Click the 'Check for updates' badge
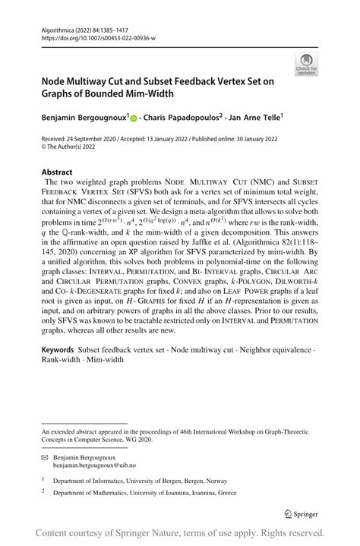[306, 64]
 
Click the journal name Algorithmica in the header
[58, 28]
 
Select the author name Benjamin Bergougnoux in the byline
[84, 118]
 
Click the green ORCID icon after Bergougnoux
[135, 118]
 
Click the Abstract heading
[57, 172]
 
